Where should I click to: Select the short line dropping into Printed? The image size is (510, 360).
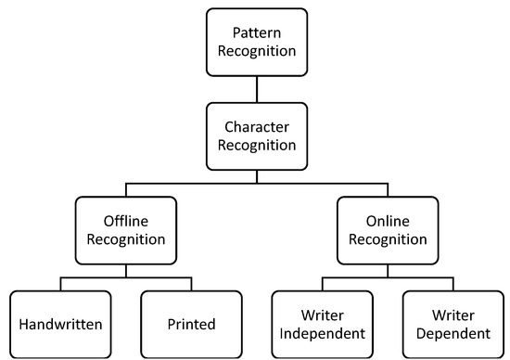pyautogui.click(x=191, y=284)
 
